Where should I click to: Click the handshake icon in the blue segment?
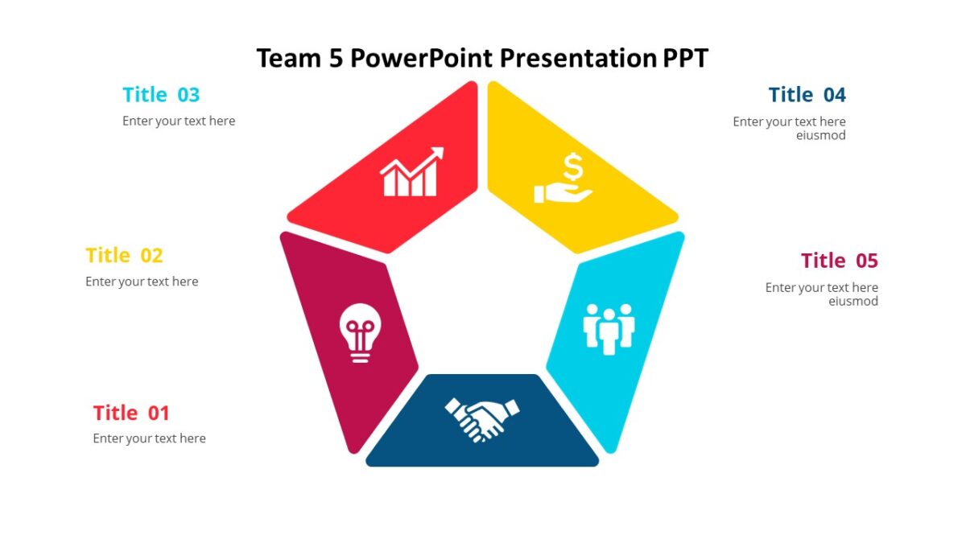coord(481,419)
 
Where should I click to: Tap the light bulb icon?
coord(360,332)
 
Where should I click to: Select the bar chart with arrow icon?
coord(411,172)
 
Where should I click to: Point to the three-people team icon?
coord(609,327)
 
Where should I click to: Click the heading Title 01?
coord(131,413)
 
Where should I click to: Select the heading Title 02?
coord(124,256)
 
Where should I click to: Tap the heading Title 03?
coord(161,95)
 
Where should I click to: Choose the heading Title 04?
coord(807,95)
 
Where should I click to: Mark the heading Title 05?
coord(839,261)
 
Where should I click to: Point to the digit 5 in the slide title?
coord(336,59)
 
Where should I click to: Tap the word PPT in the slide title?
coord(685,59)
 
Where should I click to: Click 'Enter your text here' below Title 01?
coord(149,438)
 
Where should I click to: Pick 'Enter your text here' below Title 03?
coord(179,121)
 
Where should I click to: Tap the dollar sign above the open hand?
coord(572,168)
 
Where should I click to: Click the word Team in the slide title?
coord(288,59)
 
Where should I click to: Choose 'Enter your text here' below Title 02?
coord(142,282)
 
